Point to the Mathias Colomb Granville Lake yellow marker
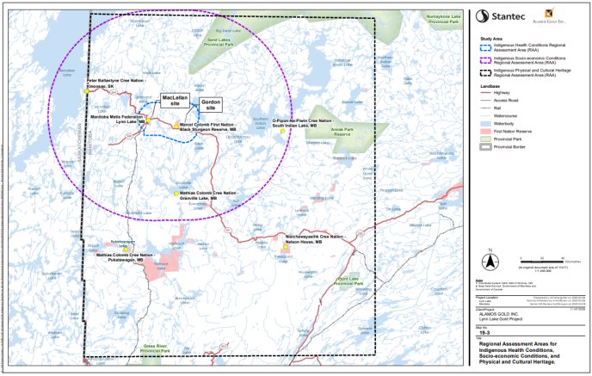point(176,193)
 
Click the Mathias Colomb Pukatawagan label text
point(125,257)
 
